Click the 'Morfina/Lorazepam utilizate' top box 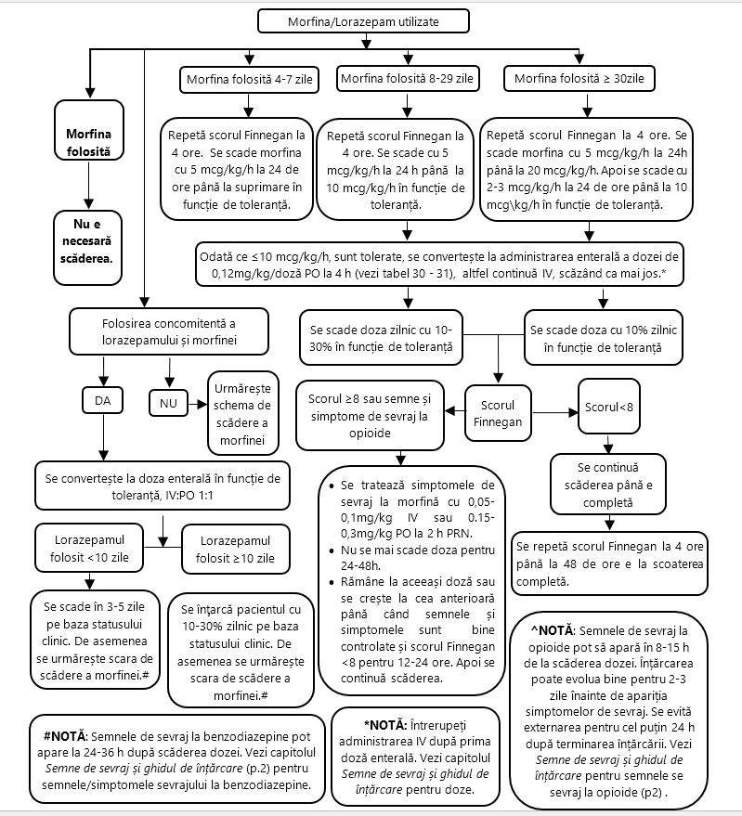coord(363,22)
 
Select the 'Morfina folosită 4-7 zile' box coord(250,80)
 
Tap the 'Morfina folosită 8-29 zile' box coord(408,79)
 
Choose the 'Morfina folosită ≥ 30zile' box coord(579,79)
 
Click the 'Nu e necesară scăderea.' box coord(87,248)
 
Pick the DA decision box coord(102,400)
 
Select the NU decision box coord(168,403)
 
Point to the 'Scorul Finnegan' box coord(498,413)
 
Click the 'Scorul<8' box coord(608,407)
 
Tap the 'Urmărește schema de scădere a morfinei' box coord(242,413)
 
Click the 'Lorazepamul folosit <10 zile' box coord(89,548)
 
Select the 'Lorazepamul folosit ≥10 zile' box coord(235,549)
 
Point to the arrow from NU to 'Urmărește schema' coord(198,404)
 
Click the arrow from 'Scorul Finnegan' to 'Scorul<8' coord(554,413)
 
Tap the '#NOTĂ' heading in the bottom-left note coord(66,736)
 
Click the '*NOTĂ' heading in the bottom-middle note coord(384,725)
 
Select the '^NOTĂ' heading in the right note coord(552,630)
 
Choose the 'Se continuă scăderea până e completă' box coord(608,485)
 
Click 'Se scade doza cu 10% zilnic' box coord(603,338)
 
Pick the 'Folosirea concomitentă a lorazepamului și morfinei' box coord(169,331)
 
